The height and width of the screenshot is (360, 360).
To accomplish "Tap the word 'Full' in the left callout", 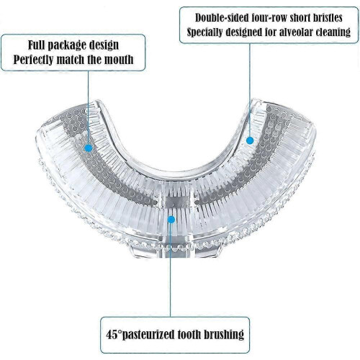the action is coord(36,45).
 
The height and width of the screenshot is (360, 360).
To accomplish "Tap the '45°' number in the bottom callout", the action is coord(114,335).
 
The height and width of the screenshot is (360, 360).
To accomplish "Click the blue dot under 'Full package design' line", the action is coord(89,148).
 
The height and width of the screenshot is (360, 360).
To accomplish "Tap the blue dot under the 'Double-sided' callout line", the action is coord(250,140).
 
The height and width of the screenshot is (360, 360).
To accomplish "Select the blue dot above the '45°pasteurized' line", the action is coord(171,220).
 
